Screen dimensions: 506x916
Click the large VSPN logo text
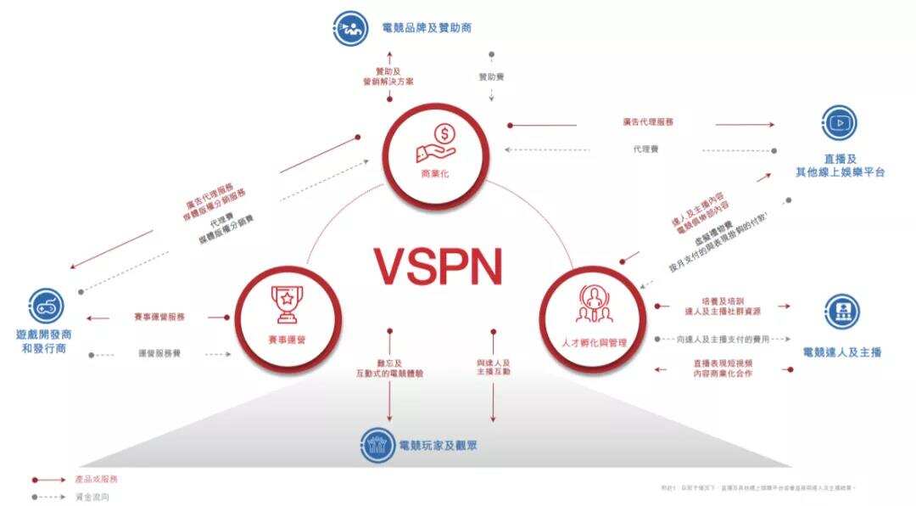[x=439, y=266]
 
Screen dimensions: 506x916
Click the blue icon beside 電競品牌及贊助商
[x=349, y=28]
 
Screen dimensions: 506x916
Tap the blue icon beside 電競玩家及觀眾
[x=377, y=444]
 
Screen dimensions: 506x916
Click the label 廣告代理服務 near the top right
[x=647, y=122]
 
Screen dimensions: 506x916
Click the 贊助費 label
[x=492, y=76]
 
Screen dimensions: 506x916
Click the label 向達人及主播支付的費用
[x=723, y=339]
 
